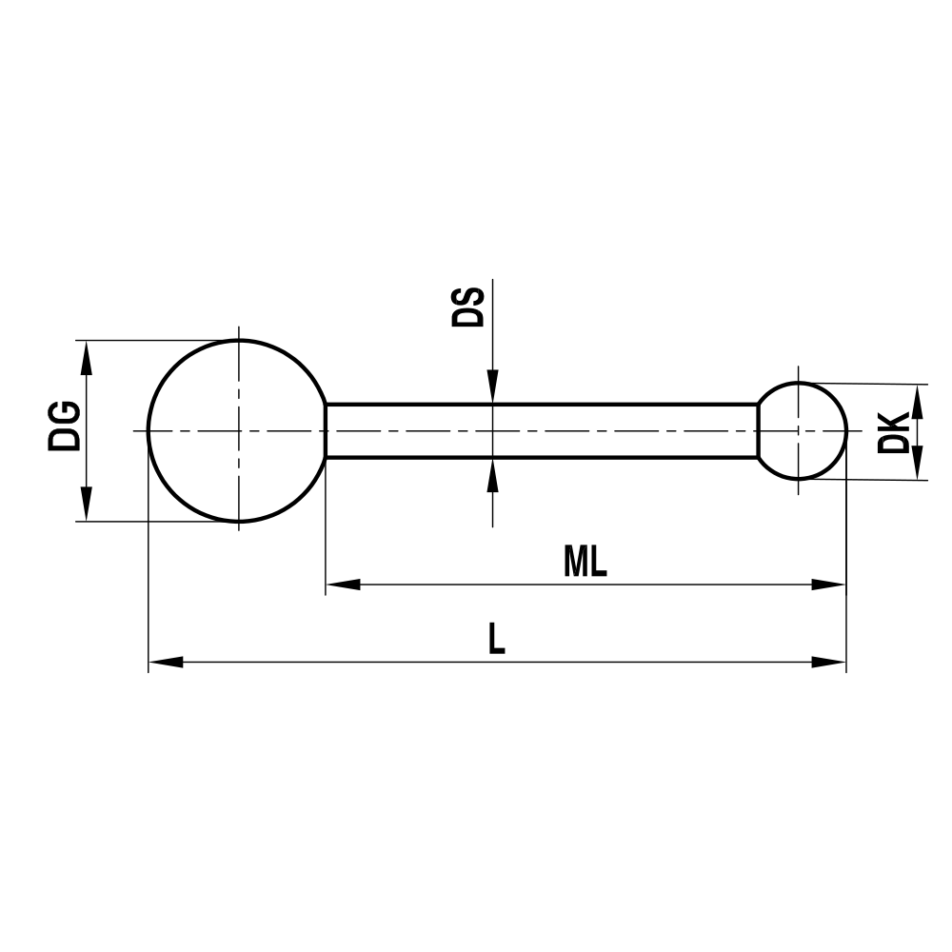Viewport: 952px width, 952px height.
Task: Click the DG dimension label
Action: pos(66,427)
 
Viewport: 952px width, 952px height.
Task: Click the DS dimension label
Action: pos(467,306)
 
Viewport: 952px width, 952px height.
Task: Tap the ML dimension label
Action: pos(585,563)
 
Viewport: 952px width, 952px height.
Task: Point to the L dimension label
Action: pos(496,640)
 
